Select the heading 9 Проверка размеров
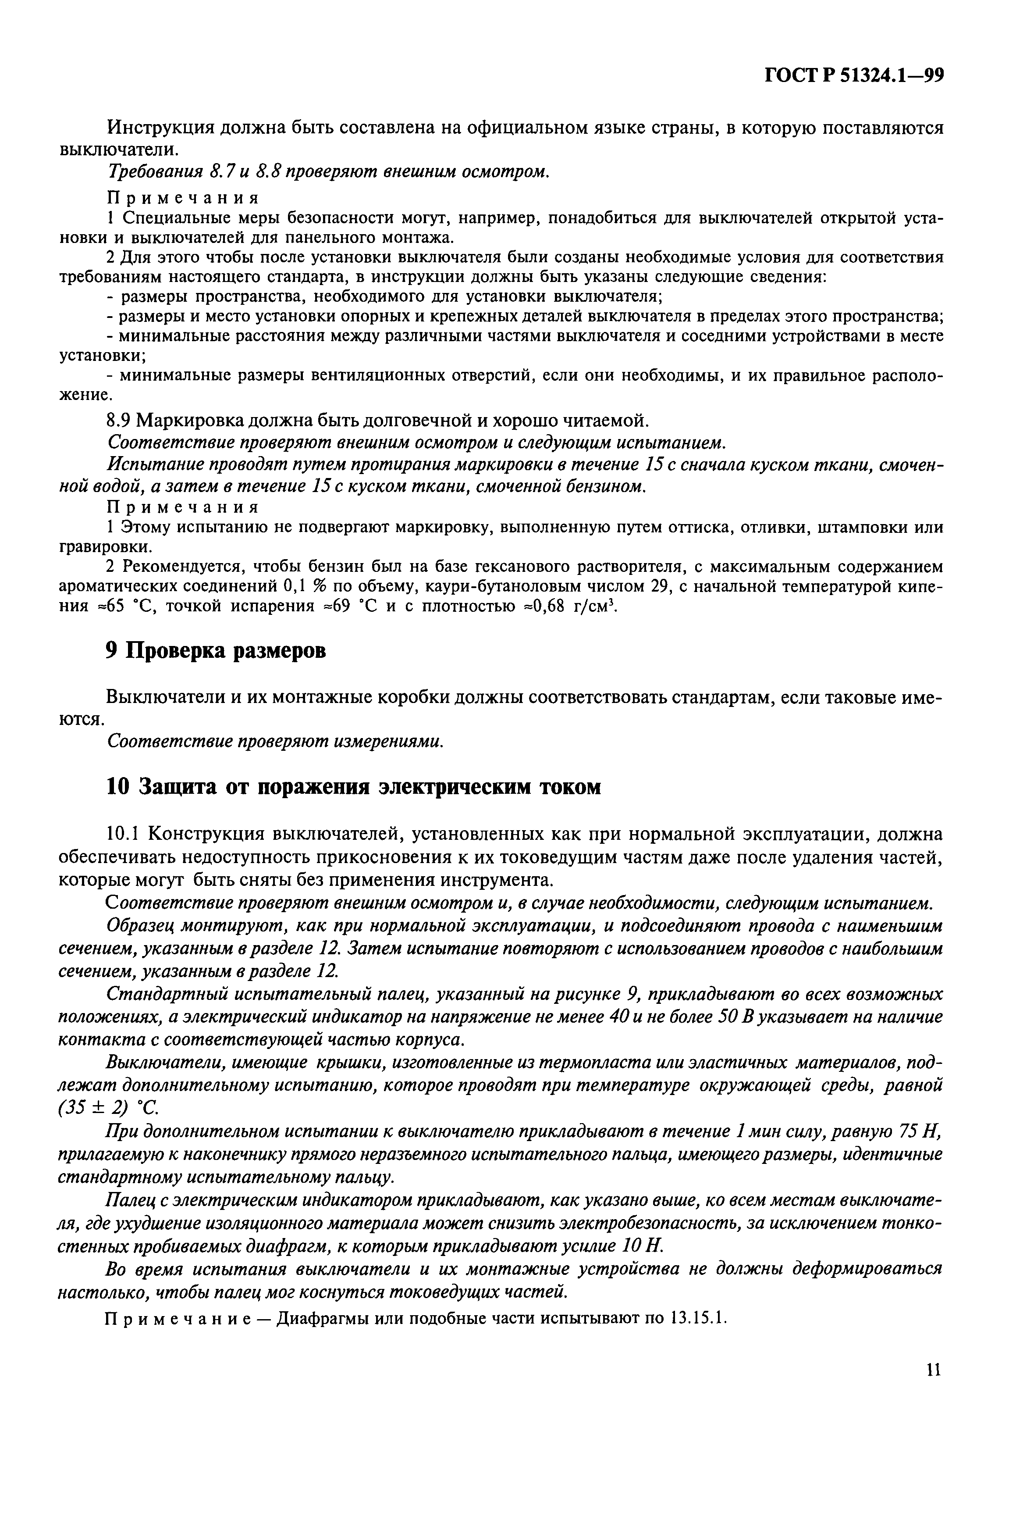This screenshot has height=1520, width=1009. click(216, 651)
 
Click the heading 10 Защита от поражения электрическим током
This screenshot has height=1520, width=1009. click(353, 787)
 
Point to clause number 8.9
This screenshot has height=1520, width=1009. click(119, 421)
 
